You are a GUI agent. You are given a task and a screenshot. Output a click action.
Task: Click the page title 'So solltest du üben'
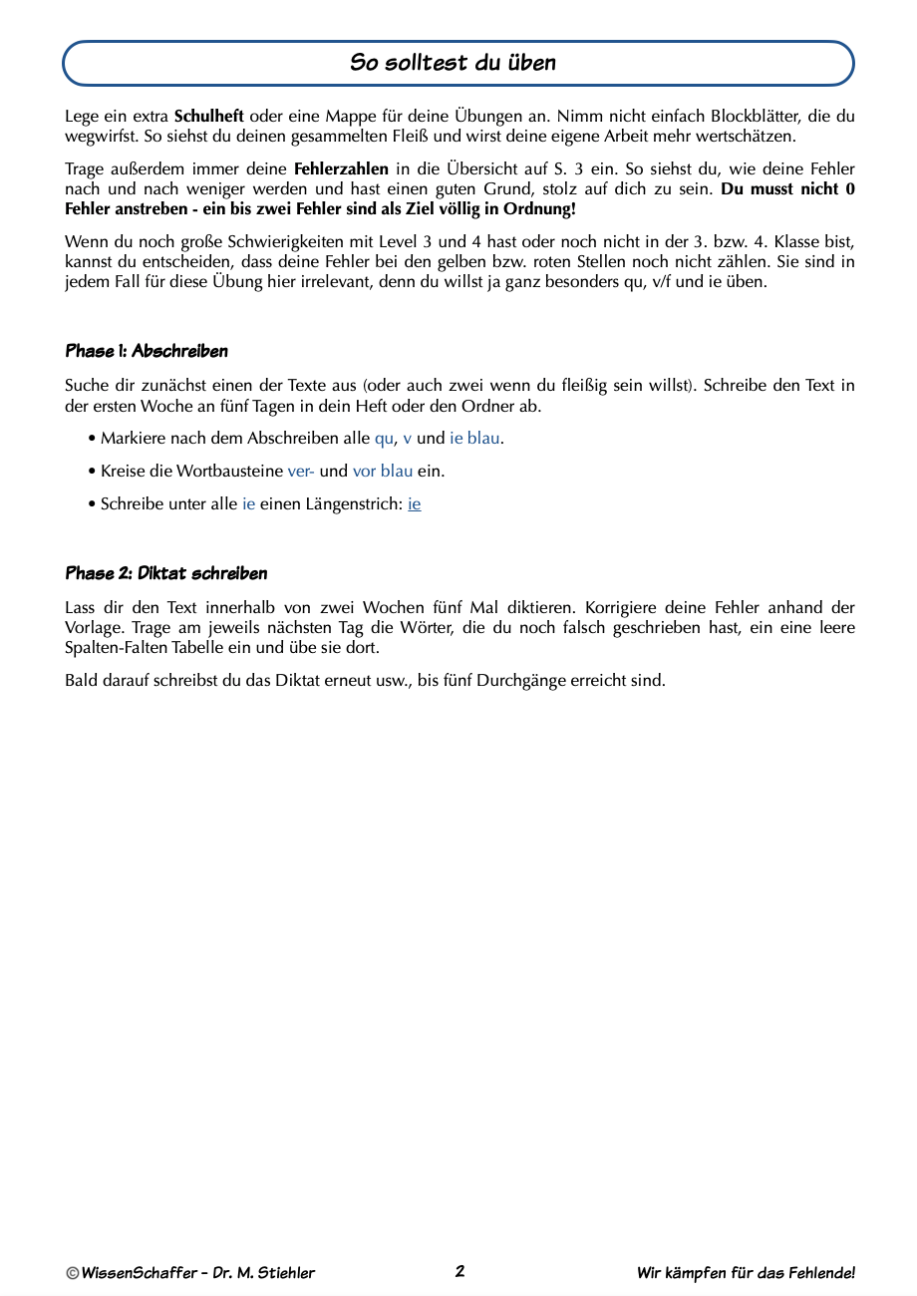(454, 63)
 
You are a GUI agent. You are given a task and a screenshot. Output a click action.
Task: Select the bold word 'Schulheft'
(208, 117)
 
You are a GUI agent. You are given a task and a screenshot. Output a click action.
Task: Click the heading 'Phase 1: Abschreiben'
(147, 351)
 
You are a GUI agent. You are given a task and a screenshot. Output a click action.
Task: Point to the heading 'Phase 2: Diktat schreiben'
(166, 573)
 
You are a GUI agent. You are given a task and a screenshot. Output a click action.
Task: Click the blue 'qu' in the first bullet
(384, 439)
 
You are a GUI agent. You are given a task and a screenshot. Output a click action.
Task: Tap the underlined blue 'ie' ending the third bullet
(415, 504)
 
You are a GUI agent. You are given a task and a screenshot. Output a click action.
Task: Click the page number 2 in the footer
(459, 1271)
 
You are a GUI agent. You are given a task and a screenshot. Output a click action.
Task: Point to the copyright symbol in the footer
(73, 1273)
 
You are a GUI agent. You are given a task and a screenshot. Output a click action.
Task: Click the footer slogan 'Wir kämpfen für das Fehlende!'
(746, 1273)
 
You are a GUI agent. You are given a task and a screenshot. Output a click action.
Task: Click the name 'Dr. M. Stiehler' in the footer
(264, 1273)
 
